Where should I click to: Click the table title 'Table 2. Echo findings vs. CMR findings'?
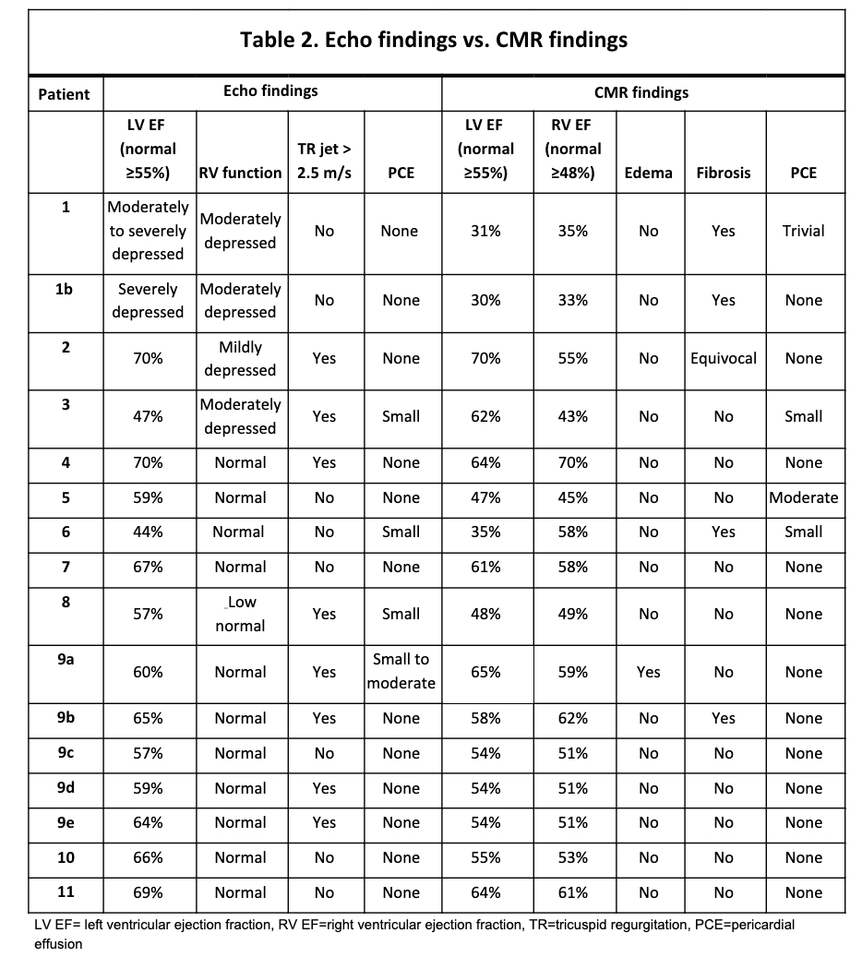click(x=434, y=40)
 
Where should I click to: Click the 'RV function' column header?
click(x=240, y=173)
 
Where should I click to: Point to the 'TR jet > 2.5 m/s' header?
click(x=324, y=161)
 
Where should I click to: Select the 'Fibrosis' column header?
click(x=724, y=173)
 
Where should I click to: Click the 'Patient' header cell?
click(x=65, y=94)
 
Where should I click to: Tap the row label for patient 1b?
click(x=66, y=289)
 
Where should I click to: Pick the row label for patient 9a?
click(x=66, y=660)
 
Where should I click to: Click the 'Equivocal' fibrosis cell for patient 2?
click(x=724, y=358)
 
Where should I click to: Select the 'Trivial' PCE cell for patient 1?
click(x=803, y=231)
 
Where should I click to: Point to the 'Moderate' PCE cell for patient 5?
click(x=803, y=497)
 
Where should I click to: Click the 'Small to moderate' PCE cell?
click(x=401, y=671)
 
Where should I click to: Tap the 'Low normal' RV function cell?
click(x=240, y=614)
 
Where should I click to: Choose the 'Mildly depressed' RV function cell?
click(x=240, y=359)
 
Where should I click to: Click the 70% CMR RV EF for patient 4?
click(x=572, y=462)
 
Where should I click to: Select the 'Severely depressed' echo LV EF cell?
click(x=148, y=301)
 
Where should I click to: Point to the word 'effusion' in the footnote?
click(x=57, y=944)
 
